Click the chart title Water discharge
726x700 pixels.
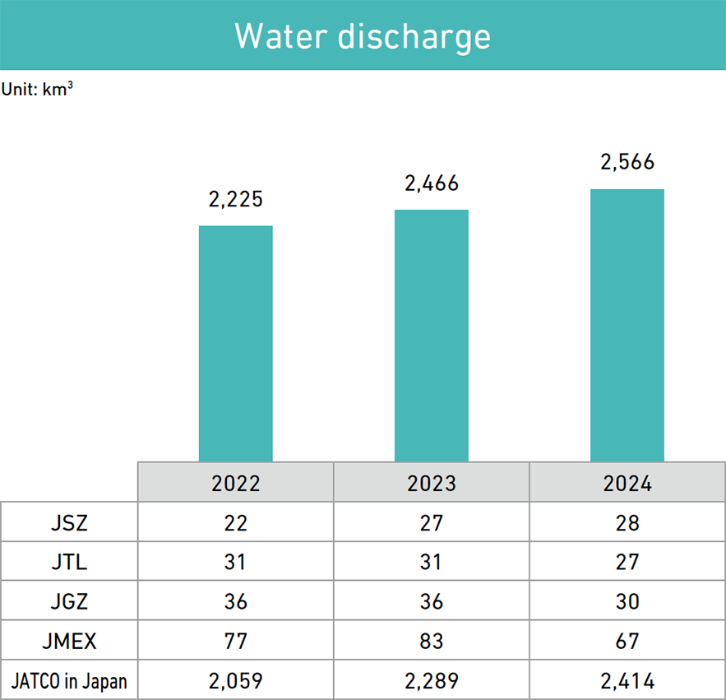point(363,36)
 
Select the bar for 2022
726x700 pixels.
point(236,343)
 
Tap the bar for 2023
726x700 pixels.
point(432,335)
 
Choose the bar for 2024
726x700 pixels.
point(627,325)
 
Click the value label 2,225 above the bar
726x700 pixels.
point(236,199)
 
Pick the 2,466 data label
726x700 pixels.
point(432,183)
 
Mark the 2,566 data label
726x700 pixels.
point(627,163)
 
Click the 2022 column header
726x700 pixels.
point(236,483)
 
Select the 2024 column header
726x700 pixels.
point(627,483)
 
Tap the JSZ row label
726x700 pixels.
point(69,522)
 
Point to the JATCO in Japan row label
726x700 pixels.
point(69,681)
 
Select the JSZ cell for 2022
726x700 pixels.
point(236,522)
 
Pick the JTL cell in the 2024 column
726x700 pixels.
point(627,563)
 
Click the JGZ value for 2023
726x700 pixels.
point(432,602)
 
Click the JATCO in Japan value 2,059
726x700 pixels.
point(236,681)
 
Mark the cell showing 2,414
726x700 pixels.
point(627,681)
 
